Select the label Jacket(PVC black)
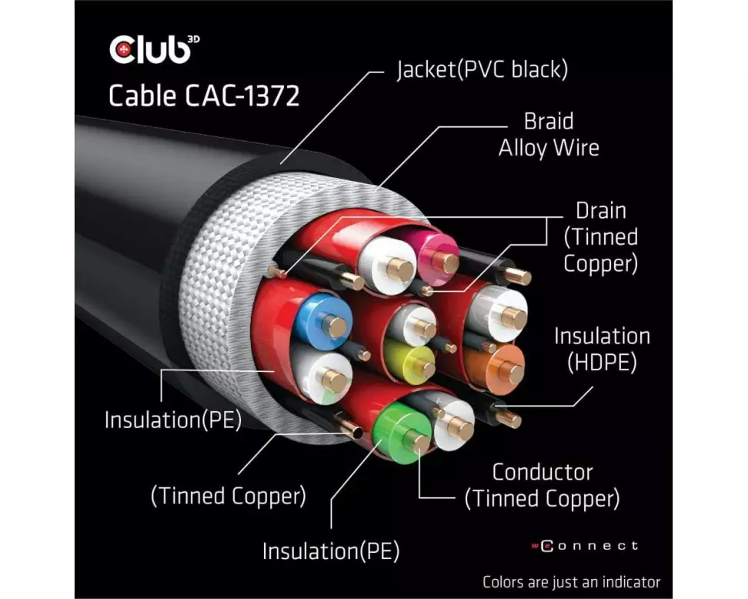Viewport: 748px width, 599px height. pos(483,70)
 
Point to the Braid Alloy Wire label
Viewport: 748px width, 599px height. pos(549,135)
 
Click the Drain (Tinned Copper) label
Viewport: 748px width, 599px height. pos(601,237)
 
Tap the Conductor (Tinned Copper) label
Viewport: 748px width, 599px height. pos(542,485)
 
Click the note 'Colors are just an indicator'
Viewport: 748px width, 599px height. pos(571,581)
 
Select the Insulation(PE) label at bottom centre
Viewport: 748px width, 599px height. pos(331,550)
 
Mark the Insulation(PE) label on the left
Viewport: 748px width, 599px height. pos(172,420)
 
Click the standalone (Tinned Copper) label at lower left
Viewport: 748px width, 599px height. pos(228,495)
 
